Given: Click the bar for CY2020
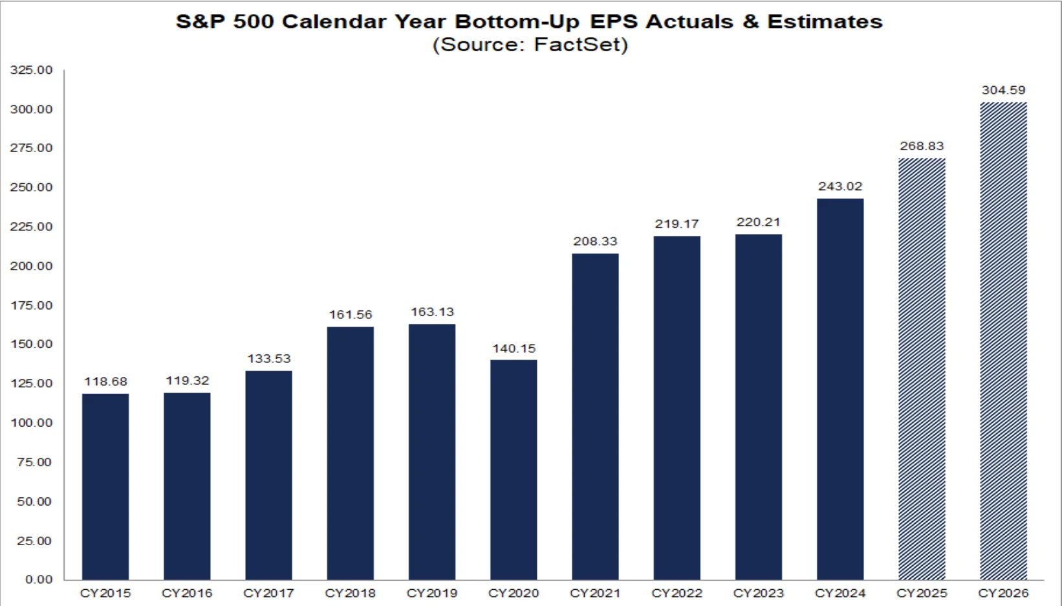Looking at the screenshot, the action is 514,470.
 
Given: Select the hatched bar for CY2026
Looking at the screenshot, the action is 1003,341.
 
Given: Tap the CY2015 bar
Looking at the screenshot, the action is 105,486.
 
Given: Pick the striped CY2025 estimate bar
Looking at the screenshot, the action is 922,369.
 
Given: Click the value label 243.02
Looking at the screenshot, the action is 840,186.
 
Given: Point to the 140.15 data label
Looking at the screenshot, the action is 514,349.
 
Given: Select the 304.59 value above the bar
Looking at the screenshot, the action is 1003,90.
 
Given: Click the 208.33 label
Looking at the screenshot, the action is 596,241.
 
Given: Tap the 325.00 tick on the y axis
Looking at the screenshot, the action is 31,70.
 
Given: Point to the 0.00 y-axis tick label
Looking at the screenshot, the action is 39,579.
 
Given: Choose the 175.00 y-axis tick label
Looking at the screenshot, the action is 31,305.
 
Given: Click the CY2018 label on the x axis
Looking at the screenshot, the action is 351,593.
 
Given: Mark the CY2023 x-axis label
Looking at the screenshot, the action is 759,593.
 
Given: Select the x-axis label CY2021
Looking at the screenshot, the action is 595,593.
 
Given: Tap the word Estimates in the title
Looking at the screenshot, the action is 825,22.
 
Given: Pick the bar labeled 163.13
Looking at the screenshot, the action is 432,452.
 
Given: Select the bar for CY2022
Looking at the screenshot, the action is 677,408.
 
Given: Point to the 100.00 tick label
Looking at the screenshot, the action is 31,422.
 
